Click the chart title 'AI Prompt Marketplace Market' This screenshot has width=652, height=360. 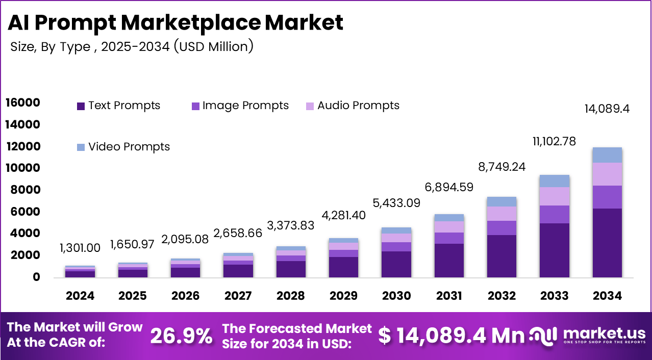pyautogui.click(x=176, y=23)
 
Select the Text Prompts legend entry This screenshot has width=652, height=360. pyautogui.click(x=118, y=106)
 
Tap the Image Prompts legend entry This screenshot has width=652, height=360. pyautogui.click(x=239, y=106)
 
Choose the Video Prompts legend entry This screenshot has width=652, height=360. pyautogui.click(x=123, y=147)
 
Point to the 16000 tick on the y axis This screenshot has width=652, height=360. pyautogui.click(x=22, y=103)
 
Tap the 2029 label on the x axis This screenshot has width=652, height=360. pyautogui.click(x=343, y=296)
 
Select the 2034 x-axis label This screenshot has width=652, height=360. pyautogui.click(x=607, y=296)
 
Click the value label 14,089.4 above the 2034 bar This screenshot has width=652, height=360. pyautogui.click(x=607, y=109)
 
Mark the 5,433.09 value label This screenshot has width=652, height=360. pyautogui.click(x=395, y=203)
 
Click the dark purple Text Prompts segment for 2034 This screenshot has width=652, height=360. pyautogui.click(x=607, y=243)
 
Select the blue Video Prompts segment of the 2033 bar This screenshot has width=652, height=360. pyautogui.click(x=554, y=181)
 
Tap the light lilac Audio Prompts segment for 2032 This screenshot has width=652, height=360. pyautogui.click(x=501, y=214)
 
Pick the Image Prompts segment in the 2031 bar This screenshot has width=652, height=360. pyautogui.click(x=449, y=238)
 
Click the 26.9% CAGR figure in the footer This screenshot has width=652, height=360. pyautogui.click(x=182, y=336)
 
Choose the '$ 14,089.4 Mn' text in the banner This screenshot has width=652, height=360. pyautogui.click(x=451, y=336)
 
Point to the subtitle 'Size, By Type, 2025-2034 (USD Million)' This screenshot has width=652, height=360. pyautogui.click(x=132, y=46)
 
